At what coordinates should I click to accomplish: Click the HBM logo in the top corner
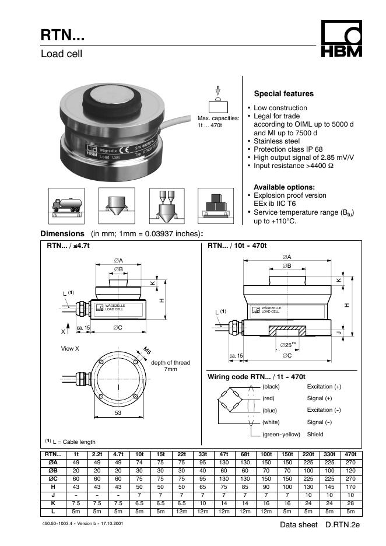[341, 38]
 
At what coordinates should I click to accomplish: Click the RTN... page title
[62, 35]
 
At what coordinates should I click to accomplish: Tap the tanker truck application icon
[66, 206]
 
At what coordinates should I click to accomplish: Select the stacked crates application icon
[216, 206]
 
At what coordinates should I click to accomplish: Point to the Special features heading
[284, 94]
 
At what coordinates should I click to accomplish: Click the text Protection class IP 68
[288, 149]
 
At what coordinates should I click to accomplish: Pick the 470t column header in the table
[350, 454]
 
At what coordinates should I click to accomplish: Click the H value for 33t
[202, 487]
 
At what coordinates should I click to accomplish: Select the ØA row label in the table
[53, 463]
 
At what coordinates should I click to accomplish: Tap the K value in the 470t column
[350, 503]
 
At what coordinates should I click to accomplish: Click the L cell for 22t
[182, 512]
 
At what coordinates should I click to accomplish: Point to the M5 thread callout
[146, 351]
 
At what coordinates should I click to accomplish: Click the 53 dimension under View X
[118, 412]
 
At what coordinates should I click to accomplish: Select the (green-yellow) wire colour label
[281, 434]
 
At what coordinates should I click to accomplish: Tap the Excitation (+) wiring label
[324, 387]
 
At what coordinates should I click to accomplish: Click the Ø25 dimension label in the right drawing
[288, 345]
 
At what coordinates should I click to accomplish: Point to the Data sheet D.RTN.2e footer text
[320, 525]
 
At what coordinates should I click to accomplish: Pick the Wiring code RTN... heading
[256, 377]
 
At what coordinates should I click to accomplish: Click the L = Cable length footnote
[71, 442]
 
